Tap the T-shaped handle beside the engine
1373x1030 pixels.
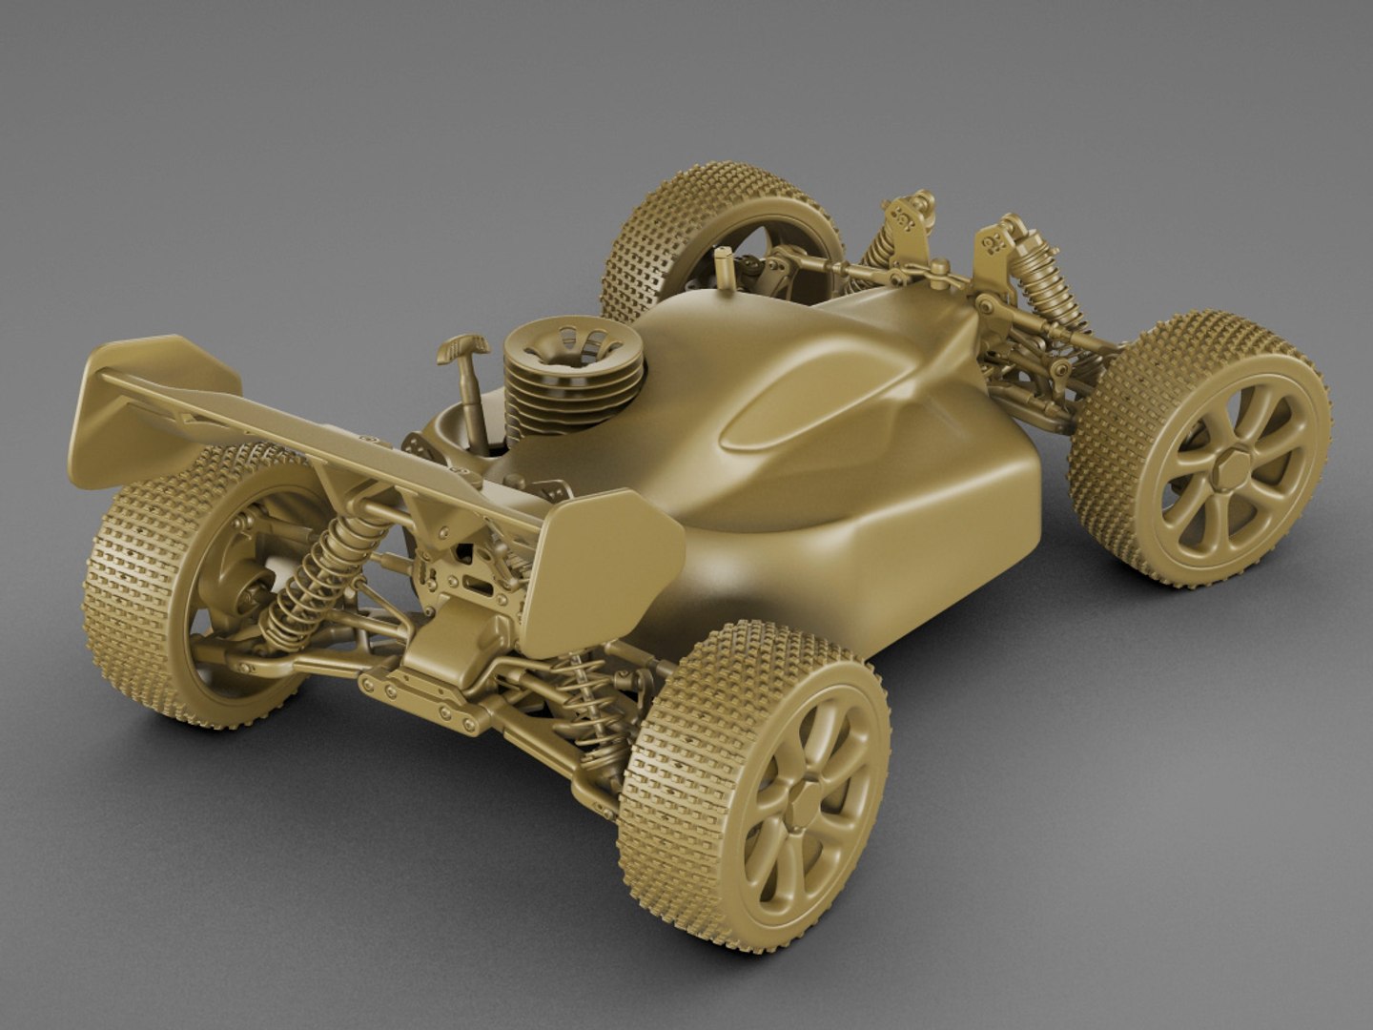tap(464, 349)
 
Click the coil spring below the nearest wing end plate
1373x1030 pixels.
tap(578, 696)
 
